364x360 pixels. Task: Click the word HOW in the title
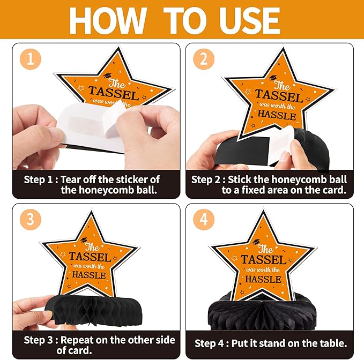click(x=108, y=21)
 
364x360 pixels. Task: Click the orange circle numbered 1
click(x=31, y=59)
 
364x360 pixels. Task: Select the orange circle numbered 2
click(x=204, y=59)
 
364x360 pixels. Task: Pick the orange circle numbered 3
click(x=31, y=219)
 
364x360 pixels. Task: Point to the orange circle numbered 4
click(x=204, y=219)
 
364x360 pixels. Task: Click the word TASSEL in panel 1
click(x=114, y=93)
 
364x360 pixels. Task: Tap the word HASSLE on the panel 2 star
click(x=277, y=115)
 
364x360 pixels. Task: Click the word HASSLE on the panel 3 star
click(x=89, y=275)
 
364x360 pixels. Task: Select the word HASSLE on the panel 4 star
click(x=263, y=279)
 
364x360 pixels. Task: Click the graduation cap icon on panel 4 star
click(x=256, y=242)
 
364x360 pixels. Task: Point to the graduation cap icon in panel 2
click(x=273, y=78)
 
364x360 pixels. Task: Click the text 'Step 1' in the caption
click(x=38, y=179)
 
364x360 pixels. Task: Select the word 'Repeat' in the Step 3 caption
click(x=76, y=340)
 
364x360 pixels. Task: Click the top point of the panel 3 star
click(x=91, y=211)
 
